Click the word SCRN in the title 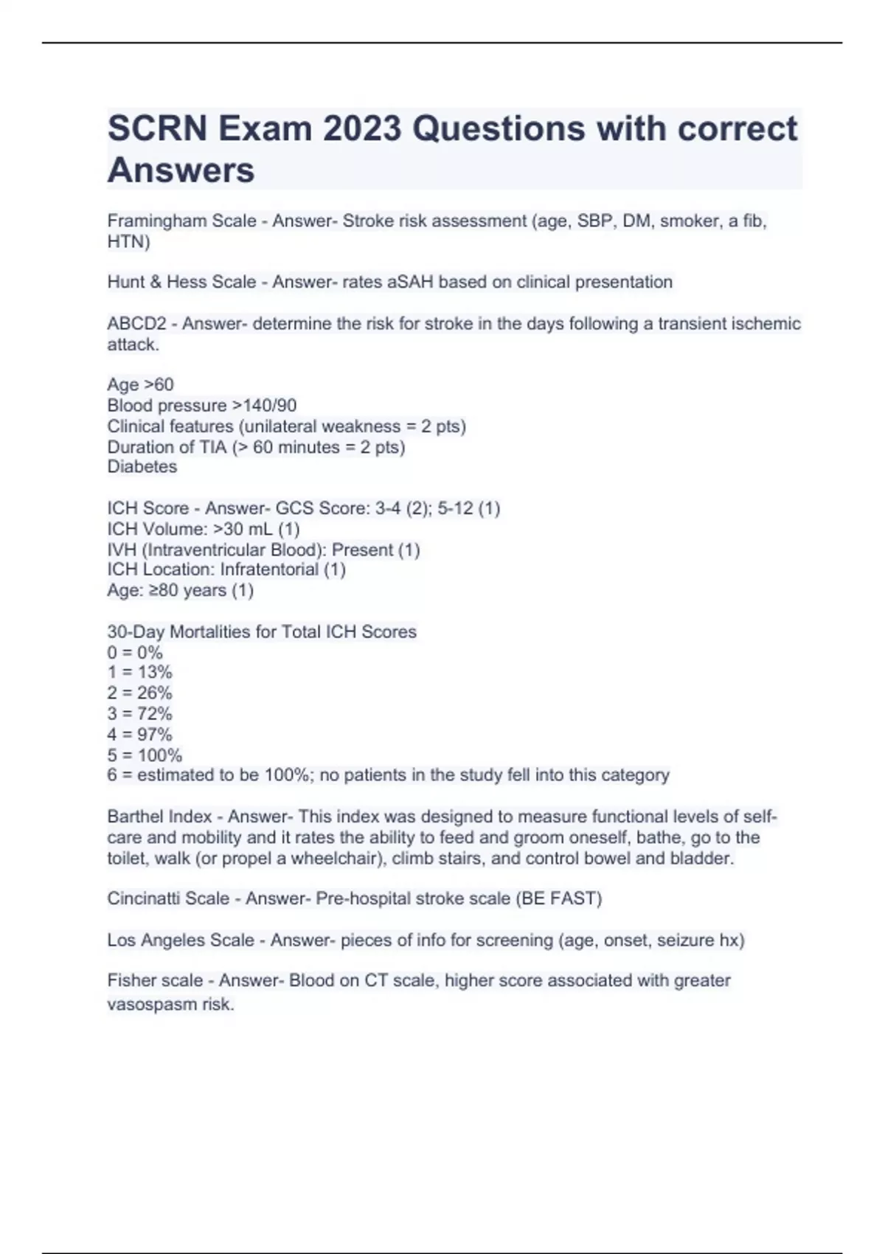click(157, 129)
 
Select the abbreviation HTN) click(128, 242)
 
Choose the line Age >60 click(140, 384)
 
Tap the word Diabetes click(142, 467)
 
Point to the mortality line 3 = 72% click(139, 713)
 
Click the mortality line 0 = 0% click(134, 652)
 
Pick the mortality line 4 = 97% click(139, 734)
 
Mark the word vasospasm click(152, 1004)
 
